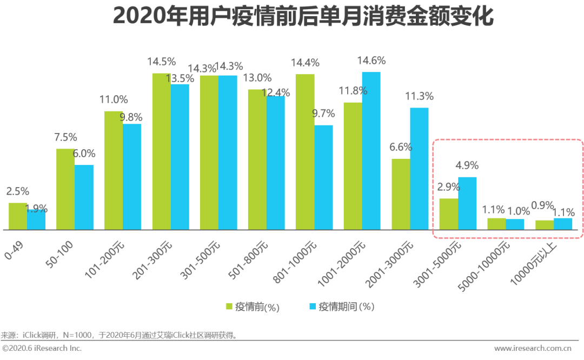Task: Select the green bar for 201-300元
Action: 161,151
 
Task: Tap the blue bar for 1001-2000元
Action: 371,151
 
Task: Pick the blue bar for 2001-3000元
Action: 419,169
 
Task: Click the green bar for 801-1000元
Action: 305,152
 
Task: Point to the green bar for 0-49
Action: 18,216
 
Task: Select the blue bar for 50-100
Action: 84,197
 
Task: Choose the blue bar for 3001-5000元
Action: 467,203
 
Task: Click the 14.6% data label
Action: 371,61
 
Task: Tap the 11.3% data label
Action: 419,96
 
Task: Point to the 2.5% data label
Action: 18,191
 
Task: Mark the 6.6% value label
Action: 401,147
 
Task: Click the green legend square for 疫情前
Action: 229,307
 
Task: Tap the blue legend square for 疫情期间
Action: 313,307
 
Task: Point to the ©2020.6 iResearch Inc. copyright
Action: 42,349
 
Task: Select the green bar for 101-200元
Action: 113,170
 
